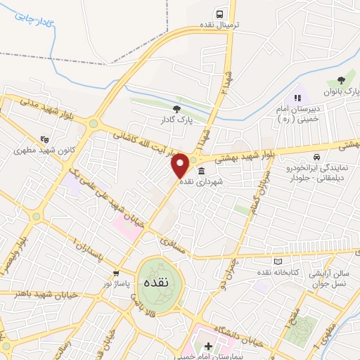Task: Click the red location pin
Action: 180,165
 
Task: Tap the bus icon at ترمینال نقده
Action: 220,14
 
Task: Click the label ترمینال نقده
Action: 219,25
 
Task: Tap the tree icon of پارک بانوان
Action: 342,81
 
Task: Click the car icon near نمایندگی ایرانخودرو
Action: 317,156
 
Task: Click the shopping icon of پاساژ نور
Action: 116,273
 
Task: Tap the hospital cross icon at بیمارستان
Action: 208,346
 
